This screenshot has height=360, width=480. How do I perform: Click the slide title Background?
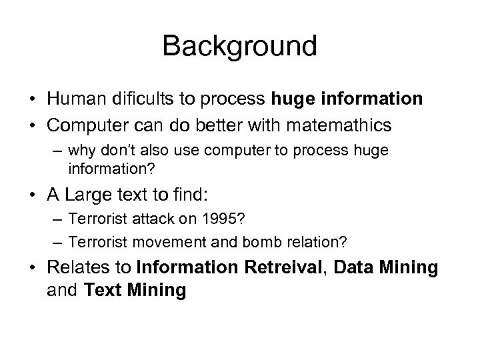[239, 46]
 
